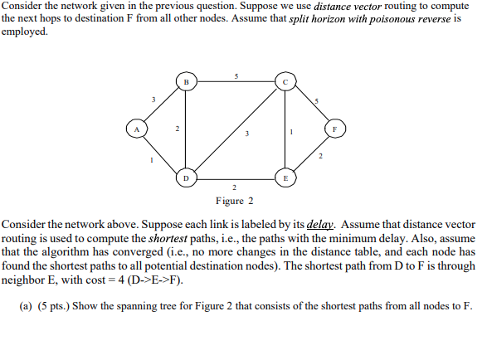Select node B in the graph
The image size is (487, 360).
point(186,82)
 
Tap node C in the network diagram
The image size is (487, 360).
point(284,82)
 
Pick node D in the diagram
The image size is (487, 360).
point(186,178)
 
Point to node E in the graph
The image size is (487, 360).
point(284,178)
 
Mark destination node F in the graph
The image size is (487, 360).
point(334,129)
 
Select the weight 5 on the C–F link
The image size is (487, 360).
point(316,100)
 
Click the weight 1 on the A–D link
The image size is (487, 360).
point(152,159)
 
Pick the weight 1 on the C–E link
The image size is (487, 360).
point(291,131)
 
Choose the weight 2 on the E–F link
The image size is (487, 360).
point(318,157)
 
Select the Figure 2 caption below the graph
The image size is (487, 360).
point(235,201)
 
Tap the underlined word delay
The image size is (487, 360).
point(319,225)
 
